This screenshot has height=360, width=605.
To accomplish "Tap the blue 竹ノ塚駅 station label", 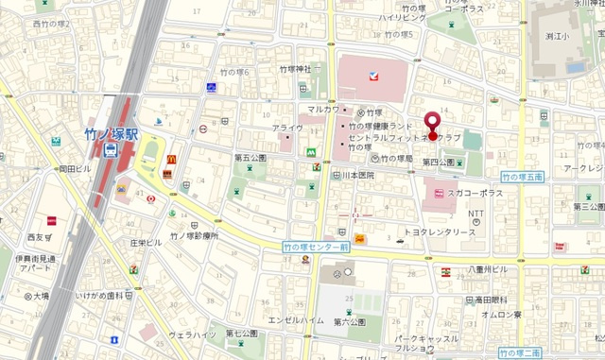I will click(x=111, y=133).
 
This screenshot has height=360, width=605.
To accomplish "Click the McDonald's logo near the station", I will click(x=171, y=160).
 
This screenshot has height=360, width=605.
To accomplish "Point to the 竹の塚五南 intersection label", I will click(x=522, y=177).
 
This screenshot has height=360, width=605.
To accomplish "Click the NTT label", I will click(x=475, y=214).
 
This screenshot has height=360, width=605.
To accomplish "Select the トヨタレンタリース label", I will click(x=440, y=231).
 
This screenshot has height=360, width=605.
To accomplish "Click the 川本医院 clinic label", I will click(x=358, y=176).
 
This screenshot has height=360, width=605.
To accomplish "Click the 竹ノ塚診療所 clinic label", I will click(x=194, y=236).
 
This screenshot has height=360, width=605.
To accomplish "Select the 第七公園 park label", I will click(x=242, y=333).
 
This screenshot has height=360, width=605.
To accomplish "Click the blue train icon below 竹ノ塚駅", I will click(x=112, y=149).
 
